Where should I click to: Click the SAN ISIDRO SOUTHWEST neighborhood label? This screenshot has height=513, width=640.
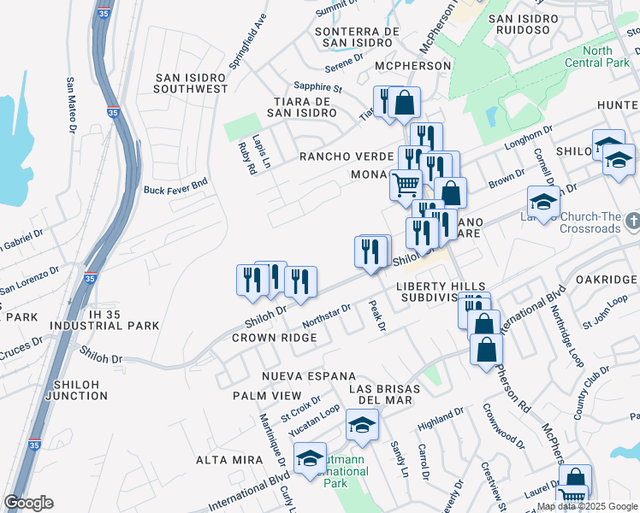tap(191, 83)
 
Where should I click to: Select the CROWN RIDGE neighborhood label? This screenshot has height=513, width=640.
tap(274, 338)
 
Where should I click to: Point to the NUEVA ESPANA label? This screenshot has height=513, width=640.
tap(296, 376)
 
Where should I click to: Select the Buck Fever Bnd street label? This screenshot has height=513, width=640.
tap(175, 189)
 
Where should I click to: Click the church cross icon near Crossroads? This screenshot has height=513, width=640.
tap(631, 220)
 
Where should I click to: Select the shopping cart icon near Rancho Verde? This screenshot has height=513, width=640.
tap(406, 184)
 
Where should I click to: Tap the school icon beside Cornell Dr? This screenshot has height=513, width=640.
tap(542, 202)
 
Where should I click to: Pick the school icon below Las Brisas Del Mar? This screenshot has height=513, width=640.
tap(362, 425)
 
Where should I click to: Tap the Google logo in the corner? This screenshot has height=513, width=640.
tap(28, 503)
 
